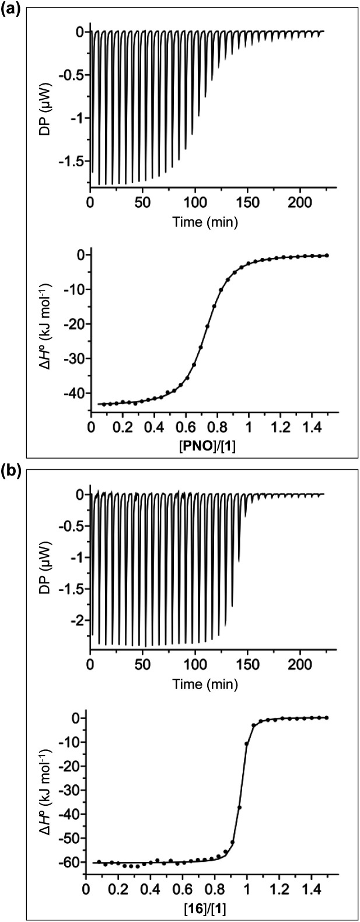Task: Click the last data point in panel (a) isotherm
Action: click(x=327, y=255)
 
